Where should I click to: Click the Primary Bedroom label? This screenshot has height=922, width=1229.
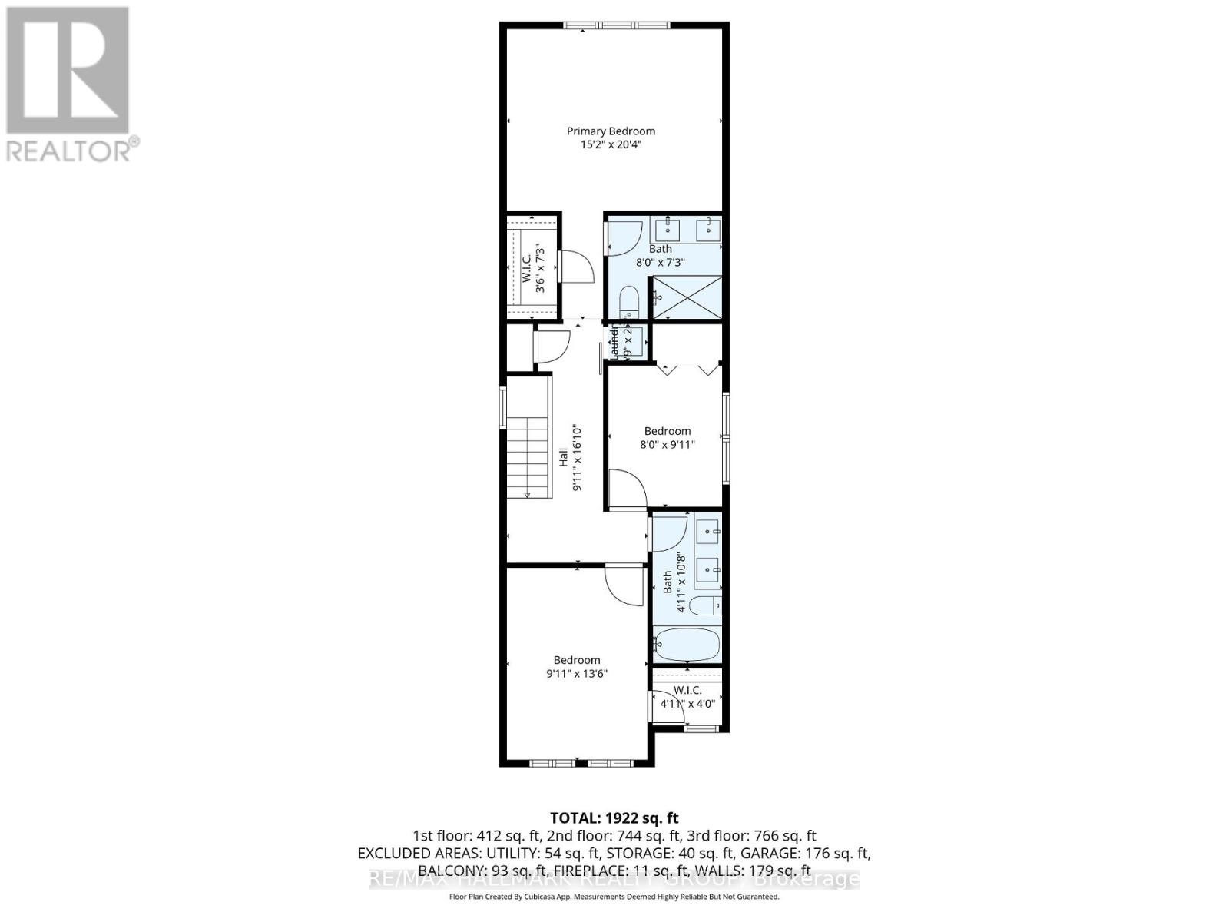click(x=611, y=131)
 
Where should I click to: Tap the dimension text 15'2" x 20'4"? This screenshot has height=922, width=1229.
click(x=611, y=144)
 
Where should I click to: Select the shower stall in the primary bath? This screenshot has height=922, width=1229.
click(x=687, y=297)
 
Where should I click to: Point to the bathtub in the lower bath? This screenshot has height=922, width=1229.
click(x=686, y=645)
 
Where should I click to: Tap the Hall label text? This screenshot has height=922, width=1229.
click(x=564, y=458)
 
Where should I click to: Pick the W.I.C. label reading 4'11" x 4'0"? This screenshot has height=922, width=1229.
click(x=687, y=697)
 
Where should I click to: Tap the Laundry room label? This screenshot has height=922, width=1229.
click(x=615, y=343)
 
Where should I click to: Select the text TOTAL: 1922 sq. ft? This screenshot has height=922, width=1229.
click(x=614, y=818)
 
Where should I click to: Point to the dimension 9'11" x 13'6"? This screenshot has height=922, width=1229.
click(x=577, y=674)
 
